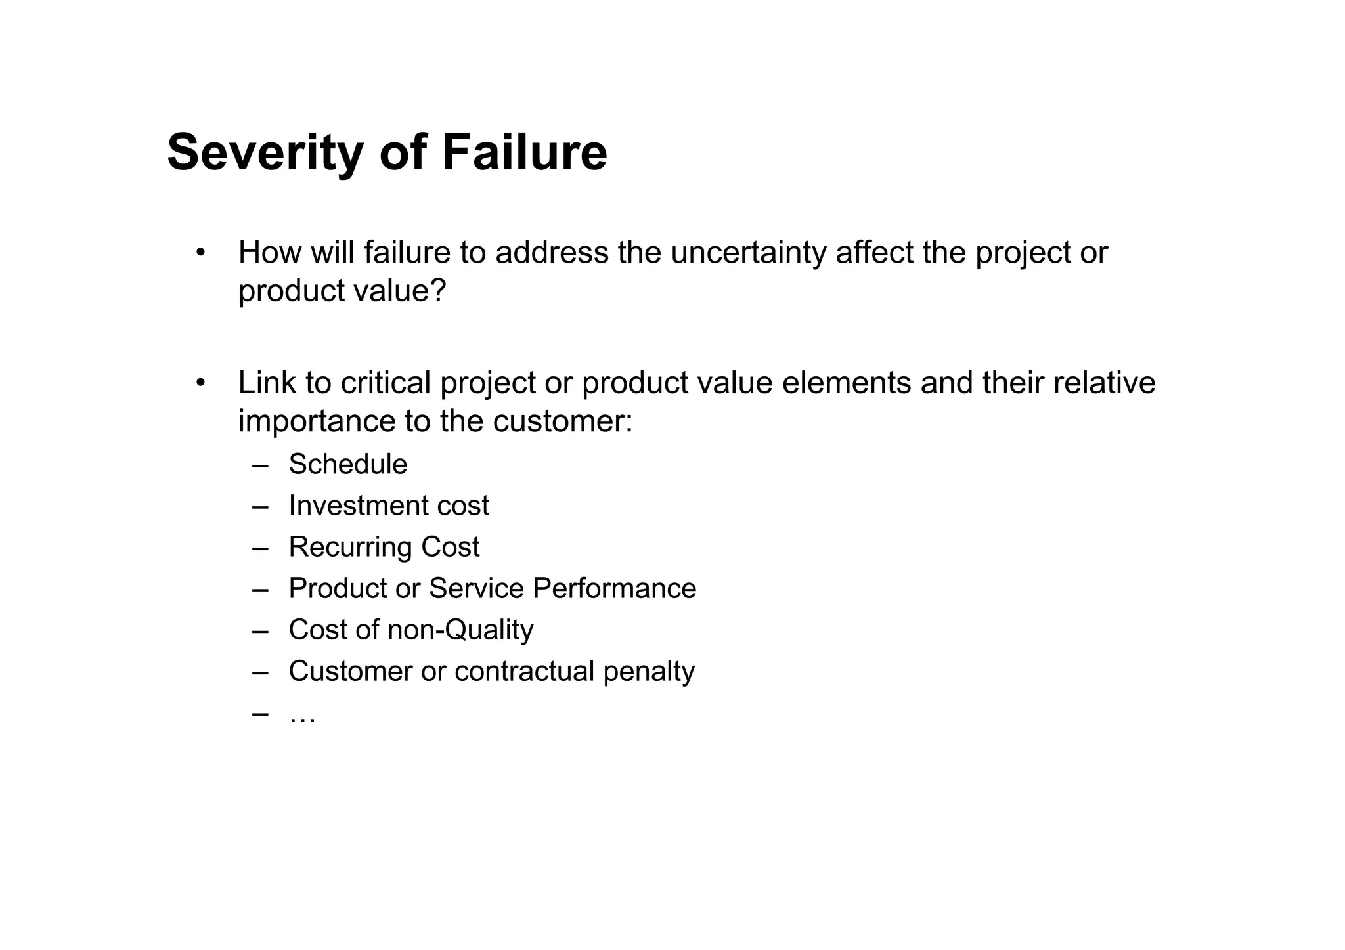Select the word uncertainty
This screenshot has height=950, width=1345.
(748, 253)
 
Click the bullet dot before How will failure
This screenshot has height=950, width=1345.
(200, 253)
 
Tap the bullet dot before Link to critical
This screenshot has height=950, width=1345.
(200, 383)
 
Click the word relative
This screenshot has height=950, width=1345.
(1104, 383)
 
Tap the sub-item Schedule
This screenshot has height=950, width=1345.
(348, 464)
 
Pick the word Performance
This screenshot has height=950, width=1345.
(614, 588)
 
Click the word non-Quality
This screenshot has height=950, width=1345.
(460, 630)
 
